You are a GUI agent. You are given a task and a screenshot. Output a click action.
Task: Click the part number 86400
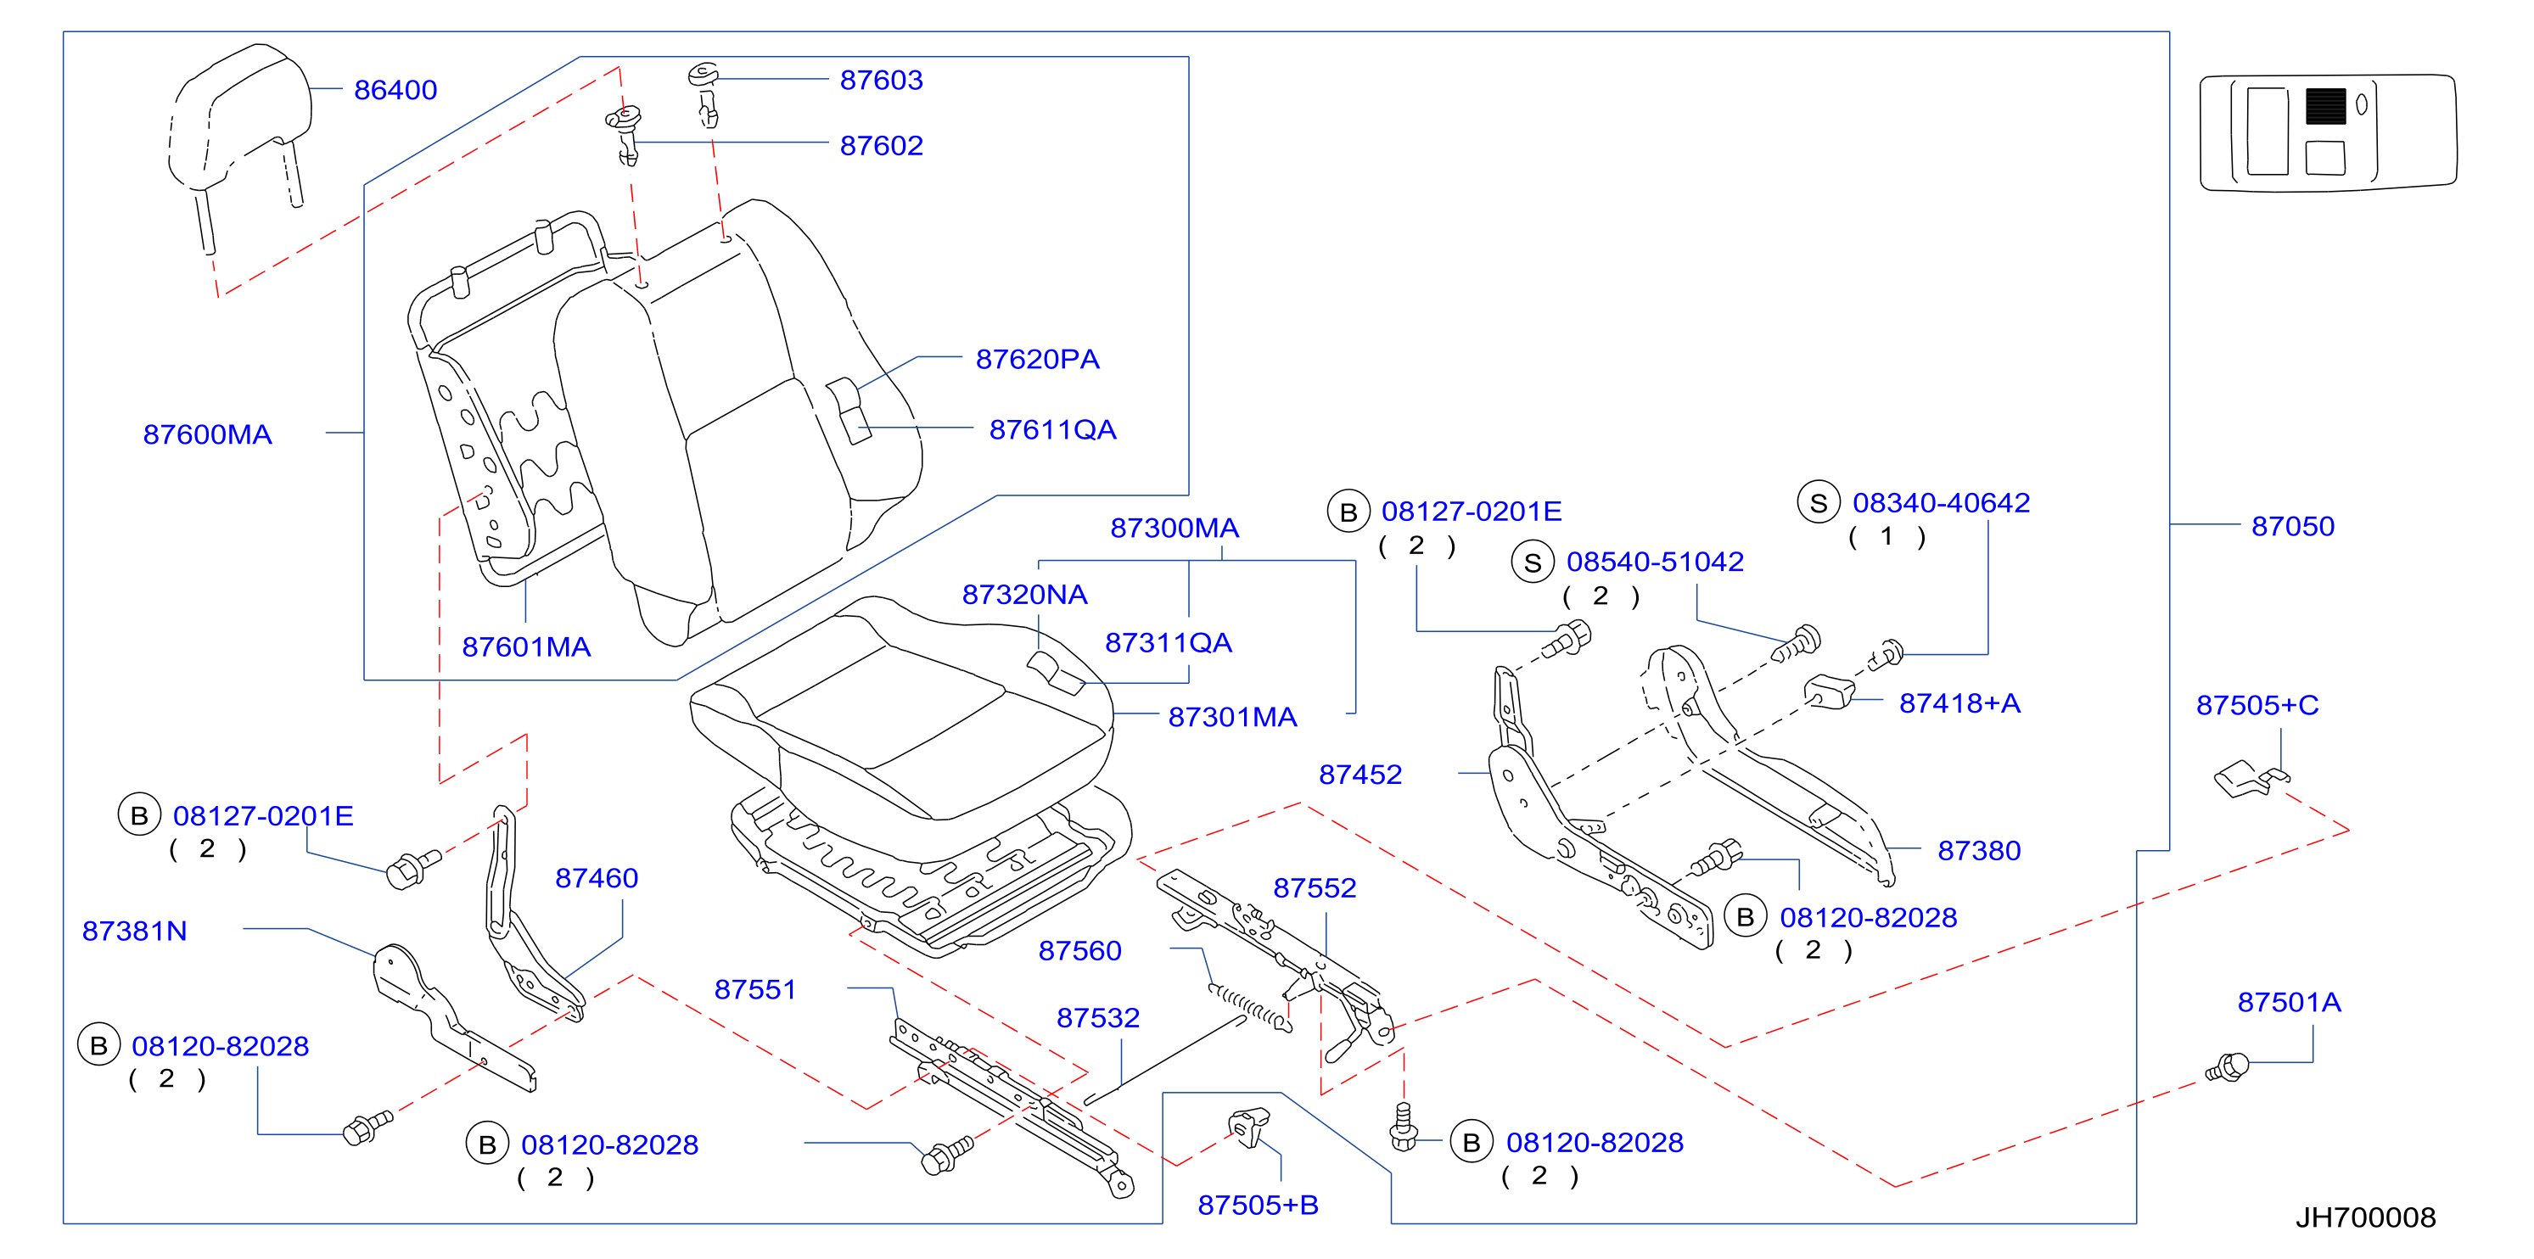click(x=395, y=90)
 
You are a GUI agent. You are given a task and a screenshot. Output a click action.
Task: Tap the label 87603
click(x=882, y=80)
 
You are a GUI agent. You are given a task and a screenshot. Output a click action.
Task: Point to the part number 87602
click(x=882, y=146)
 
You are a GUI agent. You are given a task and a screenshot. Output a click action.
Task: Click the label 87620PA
click(x=1038, y=359)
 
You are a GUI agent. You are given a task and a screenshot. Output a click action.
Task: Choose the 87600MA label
click(x=208, y=434)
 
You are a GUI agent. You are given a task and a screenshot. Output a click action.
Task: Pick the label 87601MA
click(x=526, y=646)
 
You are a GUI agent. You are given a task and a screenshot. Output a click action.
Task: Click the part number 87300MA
click(x=1174, y=529)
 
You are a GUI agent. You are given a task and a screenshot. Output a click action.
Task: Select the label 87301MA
click(x=1232, y=717)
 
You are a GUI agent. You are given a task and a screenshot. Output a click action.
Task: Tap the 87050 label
click(x=2293, y=526)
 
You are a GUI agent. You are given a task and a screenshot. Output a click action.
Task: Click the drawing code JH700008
click(x=2366, y=1217)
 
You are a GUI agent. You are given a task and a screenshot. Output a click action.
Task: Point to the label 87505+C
click(x=2257, y=705)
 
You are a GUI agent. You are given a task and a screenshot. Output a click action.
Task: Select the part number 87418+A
click(x=1959, y=703)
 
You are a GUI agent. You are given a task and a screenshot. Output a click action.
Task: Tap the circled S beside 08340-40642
click(x=1819, y=502)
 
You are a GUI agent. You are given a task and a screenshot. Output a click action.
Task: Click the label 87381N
click(x=135, y=931)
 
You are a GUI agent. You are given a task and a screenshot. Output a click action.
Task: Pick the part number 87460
click(x=597, y=877)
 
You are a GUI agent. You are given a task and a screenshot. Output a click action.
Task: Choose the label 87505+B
click(x=1259, y=1205)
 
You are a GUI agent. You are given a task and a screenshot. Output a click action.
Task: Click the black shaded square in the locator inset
click(x=2325, y=106)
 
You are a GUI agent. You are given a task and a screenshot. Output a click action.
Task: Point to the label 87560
click(x=1080, y=950)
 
